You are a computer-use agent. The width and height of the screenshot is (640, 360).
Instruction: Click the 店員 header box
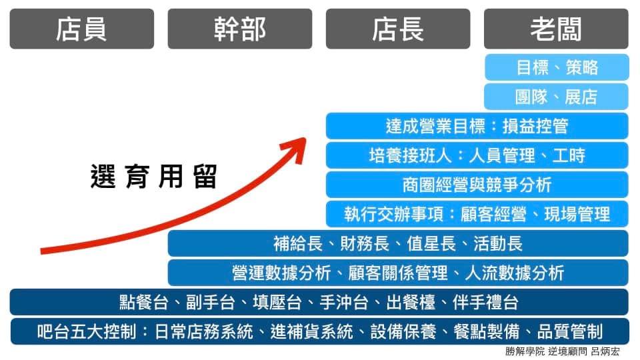(81, 29)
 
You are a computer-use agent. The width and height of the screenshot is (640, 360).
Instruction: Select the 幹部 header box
(240, 29)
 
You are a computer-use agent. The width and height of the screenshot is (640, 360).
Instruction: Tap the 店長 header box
(398, 29)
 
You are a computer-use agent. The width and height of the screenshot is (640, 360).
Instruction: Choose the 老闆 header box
(556, 29)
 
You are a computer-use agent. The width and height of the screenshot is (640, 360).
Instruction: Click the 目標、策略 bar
(557, 67)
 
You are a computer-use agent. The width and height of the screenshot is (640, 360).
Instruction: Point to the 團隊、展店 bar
(557, 97)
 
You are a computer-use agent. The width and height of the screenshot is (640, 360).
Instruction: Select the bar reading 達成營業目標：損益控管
(477, 126)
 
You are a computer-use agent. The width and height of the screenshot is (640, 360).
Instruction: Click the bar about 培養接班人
(477, 155)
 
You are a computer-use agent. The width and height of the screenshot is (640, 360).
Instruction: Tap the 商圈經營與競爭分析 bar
(477, 185)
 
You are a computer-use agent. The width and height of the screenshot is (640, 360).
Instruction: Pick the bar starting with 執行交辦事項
(477, 214)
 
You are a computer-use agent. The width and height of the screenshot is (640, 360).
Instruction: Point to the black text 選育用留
(153, 176)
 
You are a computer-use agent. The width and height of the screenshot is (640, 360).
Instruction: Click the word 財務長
(365, 244)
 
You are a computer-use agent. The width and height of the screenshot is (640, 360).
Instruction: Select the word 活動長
(498, 244)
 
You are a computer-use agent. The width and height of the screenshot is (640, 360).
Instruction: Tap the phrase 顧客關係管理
(398, 273)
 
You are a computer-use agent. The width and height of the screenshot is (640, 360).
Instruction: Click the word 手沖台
(344, 303)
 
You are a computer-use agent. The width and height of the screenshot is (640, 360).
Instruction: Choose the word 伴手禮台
(486, 303)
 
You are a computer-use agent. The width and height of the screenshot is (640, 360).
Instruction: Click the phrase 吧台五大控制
(87, 332)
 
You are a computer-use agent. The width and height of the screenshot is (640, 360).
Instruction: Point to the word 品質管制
(570, 332)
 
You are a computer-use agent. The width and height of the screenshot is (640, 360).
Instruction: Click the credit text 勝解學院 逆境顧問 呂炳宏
(563, 351)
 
